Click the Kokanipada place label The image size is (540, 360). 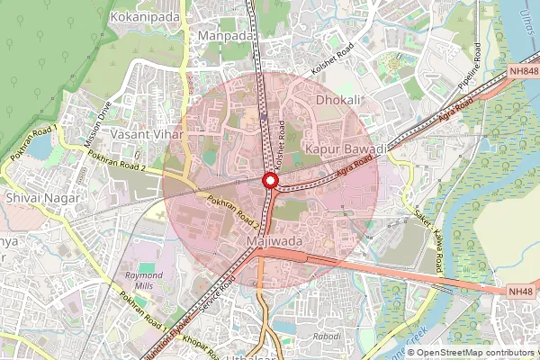[x=145, y=16]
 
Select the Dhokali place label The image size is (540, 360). [x=340, y=100]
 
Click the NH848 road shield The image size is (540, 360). [x=522, y=71]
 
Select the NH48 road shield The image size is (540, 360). [x=521, y=292]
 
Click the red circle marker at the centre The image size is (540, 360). [x=269, y=181]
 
